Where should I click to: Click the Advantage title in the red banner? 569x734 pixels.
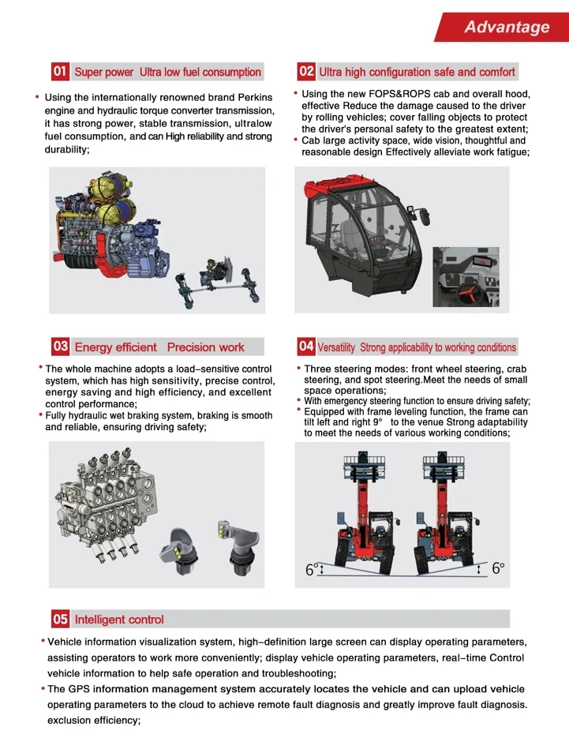pos(506,27)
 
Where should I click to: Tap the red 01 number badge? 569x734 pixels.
pos(60,72)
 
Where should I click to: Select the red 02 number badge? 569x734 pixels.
pos(306,72)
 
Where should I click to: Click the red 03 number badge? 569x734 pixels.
pos(60,346)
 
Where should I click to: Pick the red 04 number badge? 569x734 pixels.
pos(306,346)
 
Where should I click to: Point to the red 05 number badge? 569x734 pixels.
pos(60,619)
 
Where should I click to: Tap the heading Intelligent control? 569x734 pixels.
pos(119,620)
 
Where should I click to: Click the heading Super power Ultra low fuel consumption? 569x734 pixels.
pos(167,73)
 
